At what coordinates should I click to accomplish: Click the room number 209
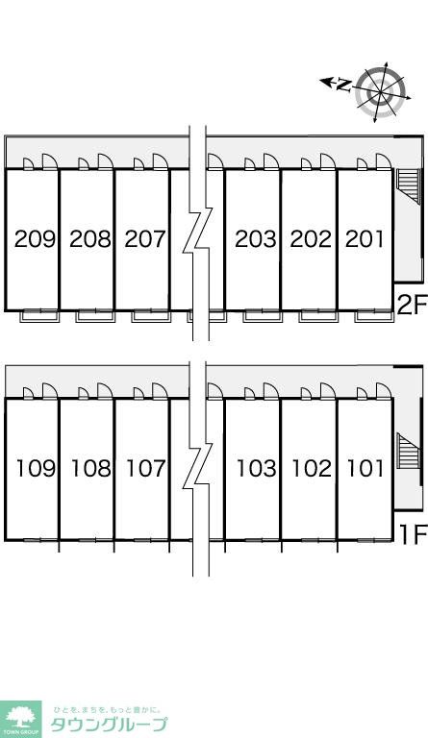click(35, 239)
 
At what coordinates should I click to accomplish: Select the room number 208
click(90, 239)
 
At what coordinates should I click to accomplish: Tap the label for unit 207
click(145, 239)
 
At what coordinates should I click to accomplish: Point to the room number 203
click(256, 239)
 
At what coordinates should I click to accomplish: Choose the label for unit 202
click(311, 239)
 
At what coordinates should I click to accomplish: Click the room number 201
click(365, 239)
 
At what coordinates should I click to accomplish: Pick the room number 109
click(37, 468)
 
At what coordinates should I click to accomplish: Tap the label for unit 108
click(91, 468)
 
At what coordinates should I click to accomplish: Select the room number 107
click(146, 468)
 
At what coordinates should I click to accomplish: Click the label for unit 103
click(257, 468)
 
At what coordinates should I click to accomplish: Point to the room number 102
click(312, 468)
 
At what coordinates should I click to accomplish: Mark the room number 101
click(365, 468)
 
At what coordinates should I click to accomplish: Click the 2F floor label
click(412, 305)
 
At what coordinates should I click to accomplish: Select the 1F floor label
click(413, 533)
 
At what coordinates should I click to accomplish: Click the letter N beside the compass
click(344, 86)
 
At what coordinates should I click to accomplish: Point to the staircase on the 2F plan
click(408, 186)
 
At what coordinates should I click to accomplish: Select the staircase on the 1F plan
click(408, 451)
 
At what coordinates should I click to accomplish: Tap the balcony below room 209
click(39, 316)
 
